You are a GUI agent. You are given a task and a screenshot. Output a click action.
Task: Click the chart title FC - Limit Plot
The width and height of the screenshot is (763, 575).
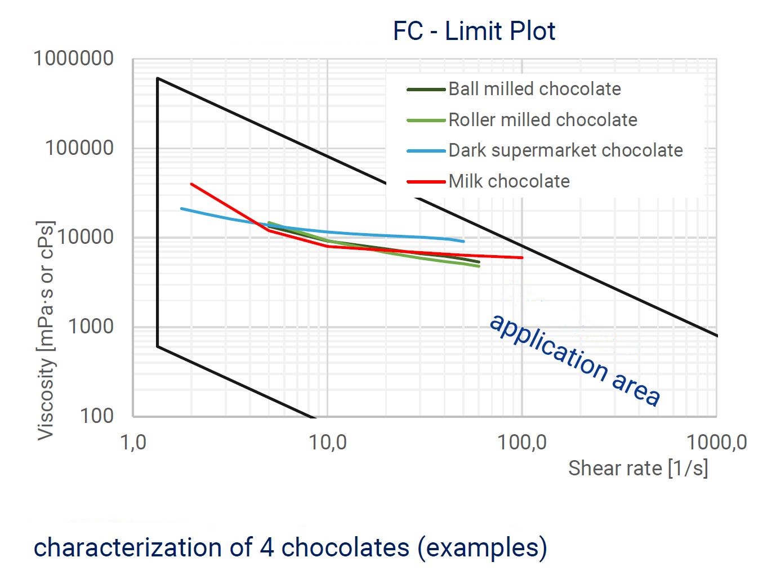(x=474, y=31)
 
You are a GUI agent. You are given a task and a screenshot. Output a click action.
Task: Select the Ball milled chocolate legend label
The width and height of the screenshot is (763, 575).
(x=534, y=89)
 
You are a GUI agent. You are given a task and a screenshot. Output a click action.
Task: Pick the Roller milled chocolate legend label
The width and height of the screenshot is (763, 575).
(x=542, y=120)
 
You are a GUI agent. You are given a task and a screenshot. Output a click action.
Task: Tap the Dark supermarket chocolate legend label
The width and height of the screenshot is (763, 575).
(x=565, y=150)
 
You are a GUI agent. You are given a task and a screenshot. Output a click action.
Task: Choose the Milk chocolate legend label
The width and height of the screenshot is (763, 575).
(x=509, y=181)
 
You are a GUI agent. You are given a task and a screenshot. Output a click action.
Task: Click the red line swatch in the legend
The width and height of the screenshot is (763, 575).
(x=426, y=182)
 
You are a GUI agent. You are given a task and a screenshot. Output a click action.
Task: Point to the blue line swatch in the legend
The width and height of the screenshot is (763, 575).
(x=426, y=151)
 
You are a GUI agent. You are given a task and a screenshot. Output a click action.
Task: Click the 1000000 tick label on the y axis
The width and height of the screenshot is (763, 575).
(x=74, y=59)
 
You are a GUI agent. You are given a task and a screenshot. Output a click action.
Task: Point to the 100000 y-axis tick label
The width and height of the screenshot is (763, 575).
(x=79, y=148)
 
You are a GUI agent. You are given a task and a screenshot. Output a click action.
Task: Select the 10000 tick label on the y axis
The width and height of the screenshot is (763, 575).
(x=85, y=237)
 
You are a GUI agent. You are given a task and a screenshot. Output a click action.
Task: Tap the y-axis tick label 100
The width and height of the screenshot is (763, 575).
(x=96, y=416)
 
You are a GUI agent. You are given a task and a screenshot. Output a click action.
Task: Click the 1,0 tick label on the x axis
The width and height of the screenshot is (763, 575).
(x=133, y=443)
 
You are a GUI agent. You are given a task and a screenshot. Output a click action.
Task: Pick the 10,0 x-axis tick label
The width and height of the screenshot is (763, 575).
(x=328, y=443)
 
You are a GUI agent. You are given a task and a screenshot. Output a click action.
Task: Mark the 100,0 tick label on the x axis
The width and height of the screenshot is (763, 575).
(x=521, y=443)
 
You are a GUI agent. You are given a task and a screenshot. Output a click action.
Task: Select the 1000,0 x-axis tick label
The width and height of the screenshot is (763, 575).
(x=716, y=443)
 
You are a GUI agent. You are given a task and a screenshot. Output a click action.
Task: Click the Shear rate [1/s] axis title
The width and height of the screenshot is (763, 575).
(x=637, y=468)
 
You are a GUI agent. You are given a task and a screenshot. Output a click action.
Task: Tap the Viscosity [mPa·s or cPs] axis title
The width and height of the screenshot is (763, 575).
(x=46, y=330)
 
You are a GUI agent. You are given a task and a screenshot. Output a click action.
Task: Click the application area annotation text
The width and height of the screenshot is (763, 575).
(x=574, y=359)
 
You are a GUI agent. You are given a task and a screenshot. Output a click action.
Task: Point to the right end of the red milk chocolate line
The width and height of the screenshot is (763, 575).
(x=521, y=257)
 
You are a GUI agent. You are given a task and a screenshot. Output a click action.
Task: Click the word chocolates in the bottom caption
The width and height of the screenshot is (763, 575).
(x=345, y=547)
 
